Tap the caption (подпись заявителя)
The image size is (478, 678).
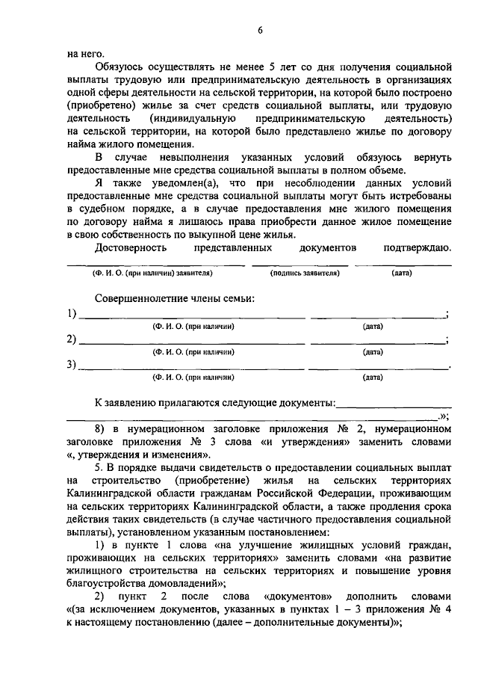point(305,274)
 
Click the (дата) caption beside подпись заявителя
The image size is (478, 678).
point(401,274)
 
